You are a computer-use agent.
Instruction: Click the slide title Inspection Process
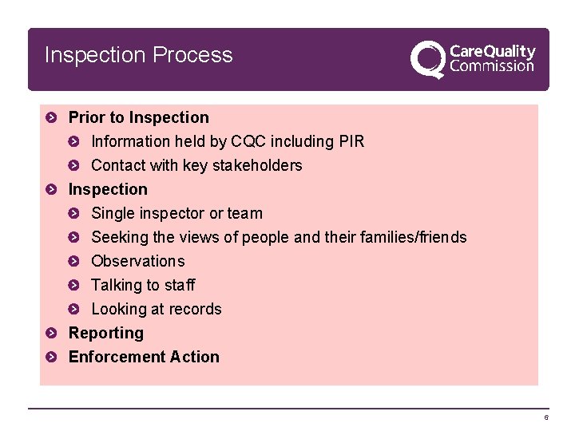139,55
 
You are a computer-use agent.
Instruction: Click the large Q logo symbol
427,59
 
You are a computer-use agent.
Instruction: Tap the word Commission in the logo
492,67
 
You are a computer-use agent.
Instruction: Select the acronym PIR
351,141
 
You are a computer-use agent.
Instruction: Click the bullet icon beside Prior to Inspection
51,118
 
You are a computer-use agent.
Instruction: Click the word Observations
138,261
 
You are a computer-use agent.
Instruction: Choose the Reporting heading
106,333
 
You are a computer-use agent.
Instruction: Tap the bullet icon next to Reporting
51,334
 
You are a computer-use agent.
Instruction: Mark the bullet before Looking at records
74,310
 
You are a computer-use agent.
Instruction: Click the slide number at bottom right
546,417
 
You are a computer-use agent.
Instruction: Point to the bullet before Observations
74,262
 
